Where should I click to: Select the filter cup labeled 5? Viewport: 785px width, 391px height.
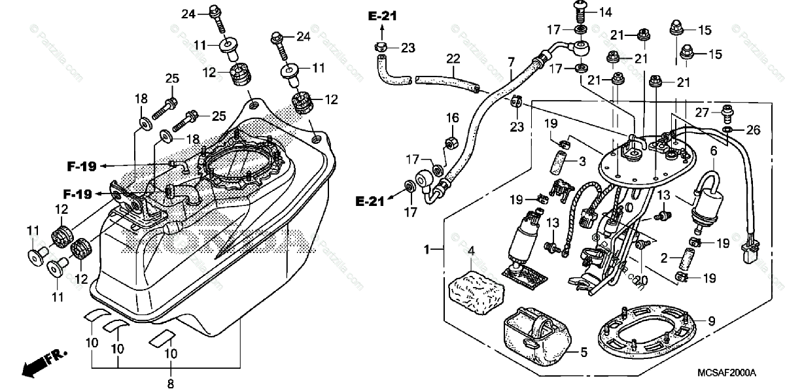tap(535, 337)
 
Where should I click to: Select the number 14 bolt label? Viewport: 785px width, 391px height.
tap(605, 12)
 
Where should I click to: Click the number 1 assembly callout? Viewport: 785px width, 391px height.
tap(427, 249)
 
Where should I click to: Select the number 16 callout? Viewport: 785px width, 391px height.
tap(453, 118)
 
